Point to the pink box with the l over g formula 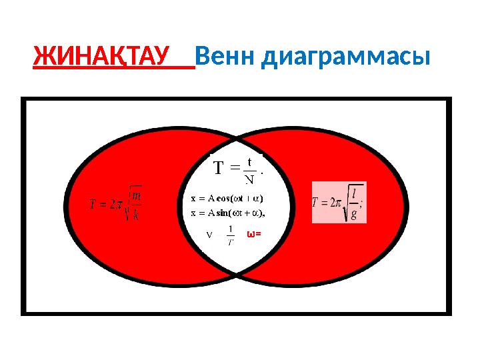(x=339, y=202)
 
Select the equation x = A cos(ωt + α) (x=227, y=198)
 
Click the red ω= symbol (x=254, y=234)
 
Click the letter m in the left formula (x=136, y=195)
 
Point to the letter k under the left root (x=135, y=214)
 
